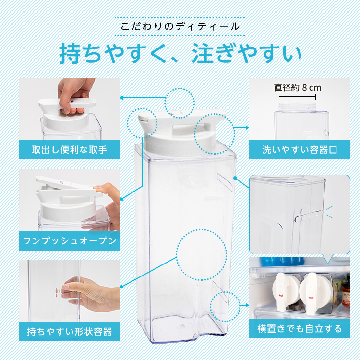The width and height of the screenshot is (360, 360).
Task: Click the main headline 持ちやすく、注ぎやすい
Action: (180, 53)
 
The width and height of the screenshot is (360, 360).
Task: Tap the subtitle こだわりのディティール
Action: (180, 26)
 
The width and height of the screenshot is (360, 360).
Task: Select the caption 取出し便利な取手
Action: (69, 150)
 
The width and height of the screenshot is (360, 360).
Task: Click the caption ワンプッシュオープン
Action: (69, 241)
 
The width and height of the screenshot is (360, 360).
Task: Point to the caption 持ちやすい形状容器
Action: (69, 332)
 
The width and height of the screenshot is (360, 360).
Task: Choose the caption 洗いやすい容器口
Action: (300, 150)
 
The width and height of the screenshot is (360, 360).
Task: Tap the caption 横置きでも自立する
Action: (300, 329)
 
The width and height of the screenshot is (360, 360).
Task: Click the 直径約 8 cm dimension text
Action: (297, 87)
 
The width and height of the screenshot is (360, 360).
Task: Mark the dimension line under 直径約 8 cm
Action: (297, 97)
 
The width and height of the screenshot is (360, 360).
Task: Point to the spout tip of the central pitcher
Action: (141, 118)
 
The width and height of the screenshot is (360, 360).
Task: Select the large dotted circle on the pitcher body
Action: (202, 254)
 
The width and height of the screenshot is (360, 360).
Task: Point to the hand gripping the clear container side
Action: (92, 294)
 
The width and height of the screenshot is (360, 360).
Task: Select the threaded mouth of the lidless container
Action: (298, 108)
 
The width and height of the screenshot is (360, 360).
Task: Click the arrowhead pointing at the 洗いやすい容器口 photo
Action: (247, 127)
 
